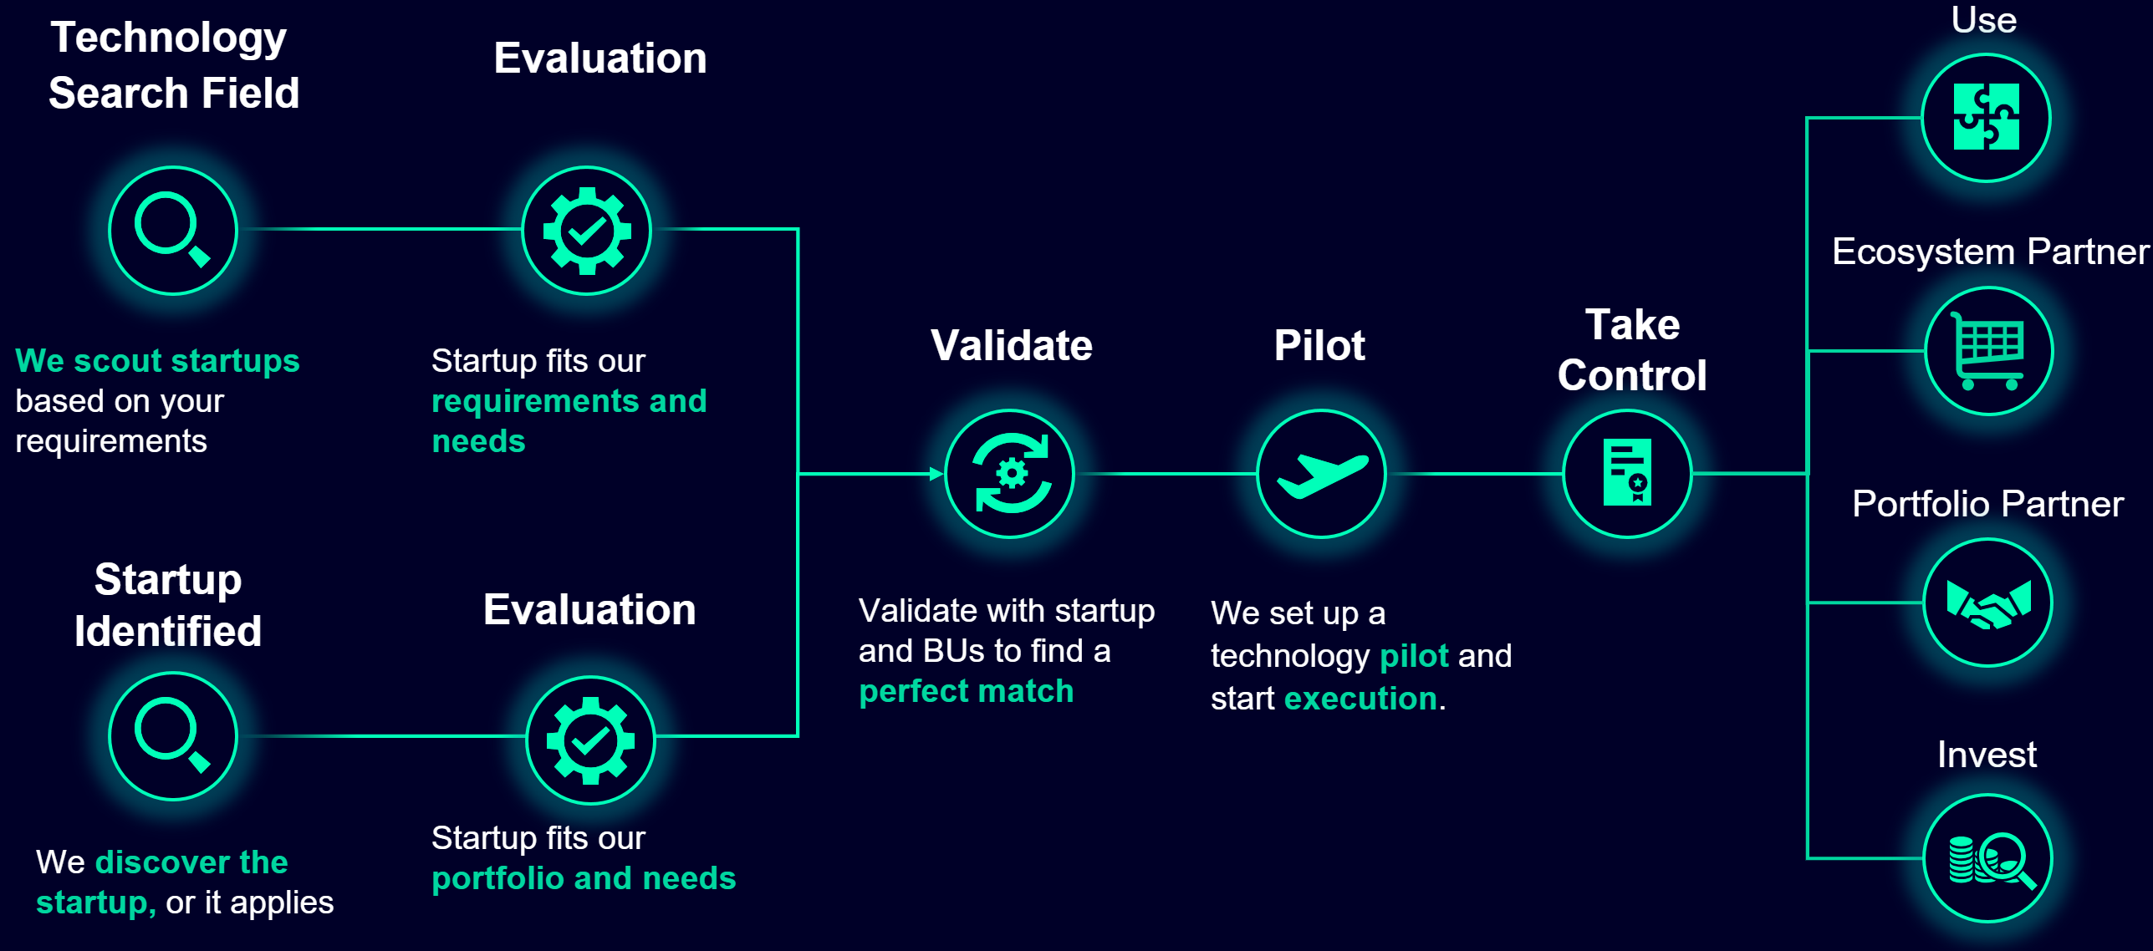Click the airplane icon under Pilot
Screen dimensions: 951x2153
pyautogui.click(x=1322, y=475)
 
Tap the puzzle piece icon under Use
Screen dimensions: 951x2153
pyautogui.click(x=1986, y=117)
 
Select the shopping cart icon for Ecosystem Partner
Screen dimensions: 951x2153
pyautogui.click(x=1988, y=351)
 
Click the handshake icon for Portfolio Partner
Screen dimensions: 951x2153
pyautogui.click(x=1988, y=603)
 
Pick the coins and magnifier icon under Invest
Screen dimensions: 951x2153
pyautogui.click(x=1988, y=859)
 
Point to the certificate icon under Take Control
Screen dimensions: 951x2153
pyautogui.click(x=1627, y=474)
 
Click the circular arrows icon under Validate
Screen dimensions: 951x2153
pyautogui.click(x=1010, y=474)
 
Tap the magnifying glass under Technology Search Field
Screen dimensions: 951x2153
pyautogui.click(x=173, y=230)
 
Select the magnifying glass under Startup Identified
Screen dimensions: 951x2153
pyautogui.click(x=173, y=736)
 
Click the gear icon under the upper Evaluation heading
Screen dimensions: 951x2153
pyautogui.click(x=587, y=231)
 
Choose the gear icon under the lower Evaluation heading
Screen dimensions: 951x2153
pyautogui.click(x=590, y=740)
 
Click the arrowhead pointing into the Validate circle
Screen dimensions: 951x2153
pyautogui.click(x=936, y=474)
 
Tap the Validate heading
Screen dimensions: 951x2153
pyautogui.click(x=1012, y=345)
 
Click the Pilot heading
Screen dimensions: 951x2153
pyautogui.click(x=1319, y=345)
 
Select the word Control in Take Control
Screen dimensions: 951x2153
pyautogui.click(x=1632, y=375)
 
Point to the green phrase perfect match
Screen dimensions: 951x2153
pyautogui.click(x=967, y=692)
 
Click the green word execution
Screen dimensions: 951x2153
pyautogui.click(x=1360, y=699)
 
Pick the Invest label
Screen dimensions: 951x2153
pyautogui.click(x=1987, y=755)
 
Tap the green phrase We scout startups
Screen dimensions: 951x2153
pyautogui.click(x=157, y=361)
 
